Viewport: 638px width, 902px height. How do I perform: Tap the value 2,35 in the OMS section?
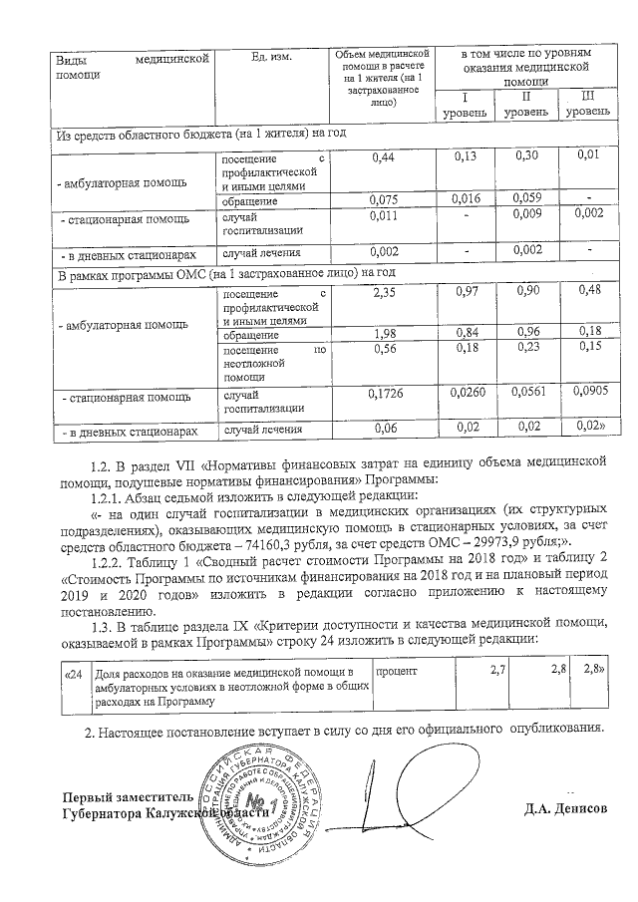click(384, 292)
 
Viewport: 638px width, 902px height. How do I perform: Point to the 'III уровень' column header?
click(587, 104)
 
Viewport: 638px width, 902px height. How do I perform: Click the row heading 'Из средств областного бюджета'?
click(199, 134)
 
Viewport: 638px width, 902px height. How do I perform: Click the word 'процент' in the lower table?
click(396, 673)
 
